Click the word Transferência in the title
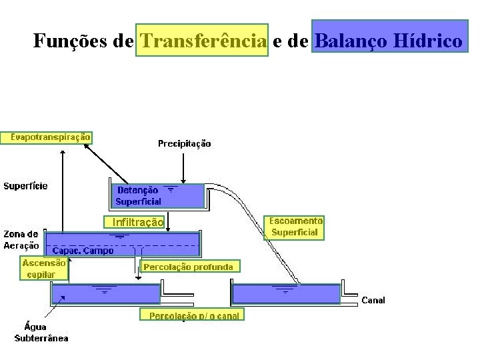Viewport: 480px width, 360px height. click(202, 41)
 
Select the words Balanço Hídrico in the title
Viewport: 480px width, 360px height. click(389, 41)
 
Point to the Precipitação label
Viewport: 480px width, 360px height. click(184, 143)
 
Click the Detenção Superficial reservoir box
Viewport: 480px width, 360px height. click(156, 195)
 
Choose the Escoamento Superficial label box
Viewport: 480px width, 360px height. click(295, 227)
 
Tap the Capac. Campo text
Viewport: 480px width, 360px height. click(83, 251)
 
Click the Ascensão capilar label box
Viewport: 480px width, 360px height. click(44, 268)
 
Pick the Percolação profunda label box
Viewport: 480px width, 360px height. click(189, 267)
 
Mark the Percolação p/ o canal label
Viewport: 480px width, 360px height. click(192, 315)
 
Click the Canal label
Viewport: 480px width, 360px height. click(373, 301)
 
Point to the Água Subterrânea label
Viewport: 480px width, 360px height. click(41, 332)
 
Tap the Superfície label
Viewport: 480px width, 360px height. click(26, 186)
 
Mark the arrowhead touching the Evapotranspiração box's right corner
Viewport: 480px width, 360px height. click(89, 145)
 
